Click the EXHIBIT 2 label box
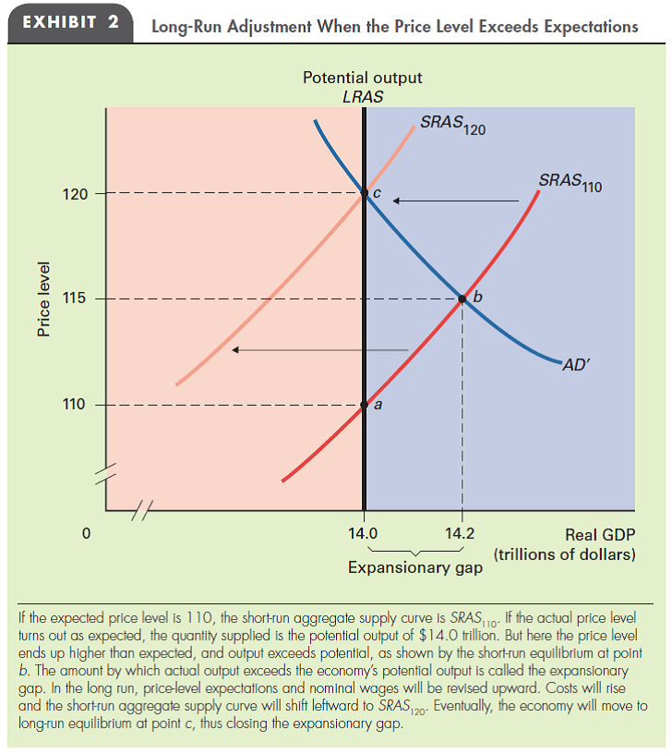69,24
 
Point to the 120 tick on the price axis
76,194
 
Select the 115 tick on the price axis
76,299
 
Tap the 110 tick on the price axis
76,405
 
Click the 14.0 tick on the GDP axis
364,533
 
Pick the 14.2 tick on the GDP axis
461,533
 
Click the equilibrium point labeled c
364,194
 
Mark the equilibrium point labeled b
462,299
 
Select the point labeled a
364,405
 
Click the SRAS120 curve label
451,124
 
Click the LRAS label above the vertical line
362,96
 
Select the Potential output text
363,79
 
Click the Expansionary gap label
414,567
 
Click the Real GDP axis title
599,534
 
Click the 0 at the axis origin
86,533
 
